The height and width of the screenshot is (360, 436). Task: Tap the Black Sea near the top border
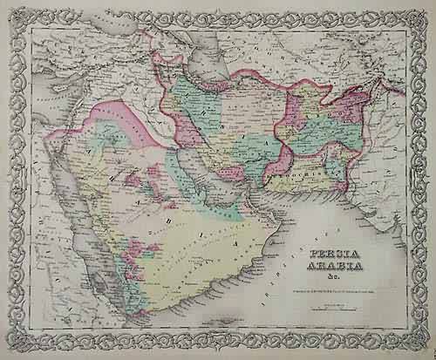point(96,35)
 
